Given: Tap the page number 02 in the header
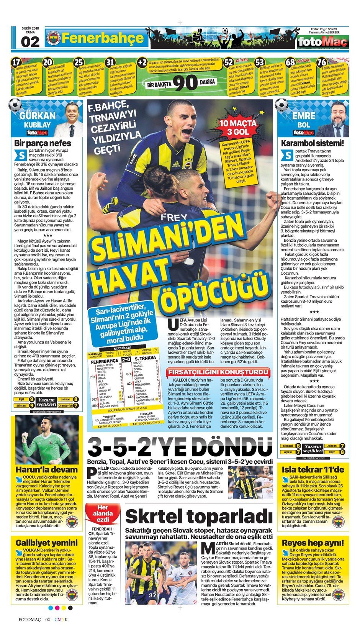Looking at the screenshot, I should pos(30,42).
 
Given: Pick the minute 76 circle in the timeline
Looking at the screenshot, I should pos(322,62).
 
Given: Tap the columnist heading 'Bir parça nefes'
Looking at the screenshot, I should pos(43,143).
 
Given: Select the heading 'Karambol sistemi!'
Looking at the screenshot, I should pos(313,143).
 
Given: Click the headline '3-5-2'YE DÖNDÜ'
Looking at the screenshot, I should pos(180,447).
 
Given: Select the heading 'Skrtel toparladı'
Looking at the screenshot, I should pos(198,516).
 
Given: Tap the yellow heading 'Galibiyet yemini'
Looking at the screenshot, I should pos(46,543).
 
